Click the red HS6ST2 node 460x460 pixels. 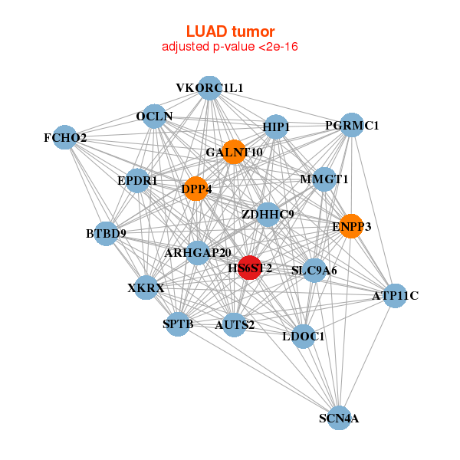pos(249,268)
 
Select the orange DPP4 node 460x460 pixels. pos(196,189)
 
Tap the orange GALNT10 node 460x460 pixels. pos(233,152)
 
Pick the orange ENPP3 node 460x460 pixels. pos(351,226)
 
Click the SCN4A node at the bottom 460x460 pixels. pos(339,418)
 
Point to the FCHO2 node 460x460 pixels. pos(66,138)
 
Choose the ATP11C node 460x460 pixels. pos(394,295)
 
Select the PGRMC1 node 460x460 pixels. pos(351,125)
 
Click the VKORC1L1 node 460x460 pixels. pos(209,87)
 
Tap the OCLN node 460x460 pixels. pos(154,117)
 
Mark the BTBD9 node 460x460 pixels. pos(106,233)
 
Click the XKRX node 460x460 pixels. pos(146,288)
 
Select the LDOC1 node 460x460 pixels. pos(304,336)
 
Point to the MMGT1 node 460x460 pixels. pos(324,179)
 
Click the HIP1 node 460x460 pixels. pos(275,127)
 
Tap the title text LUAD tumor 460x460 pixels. pos(230,31)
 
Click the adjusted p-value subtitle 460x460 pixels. pos(230,47)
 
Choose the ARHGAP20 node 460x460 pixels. pos(198,253)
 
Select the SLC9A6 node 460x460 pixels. pos(314,270)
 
